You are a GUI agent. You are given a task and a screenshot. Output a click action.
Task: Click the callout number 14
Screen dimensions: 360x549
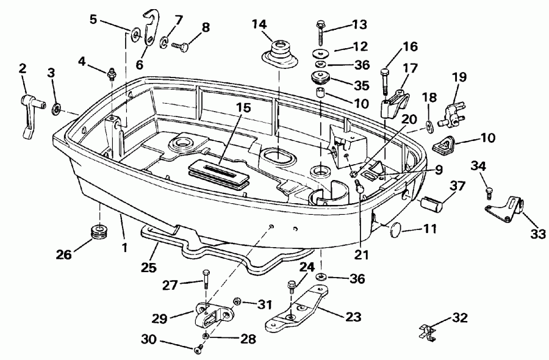(260, 24)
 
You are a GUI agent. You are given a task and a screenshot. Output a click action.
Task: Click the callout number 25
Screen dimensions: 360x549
(148, 267)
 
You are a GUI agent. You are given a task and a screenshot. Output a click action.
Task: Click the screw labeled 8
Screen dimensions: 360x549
(181, 44)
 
